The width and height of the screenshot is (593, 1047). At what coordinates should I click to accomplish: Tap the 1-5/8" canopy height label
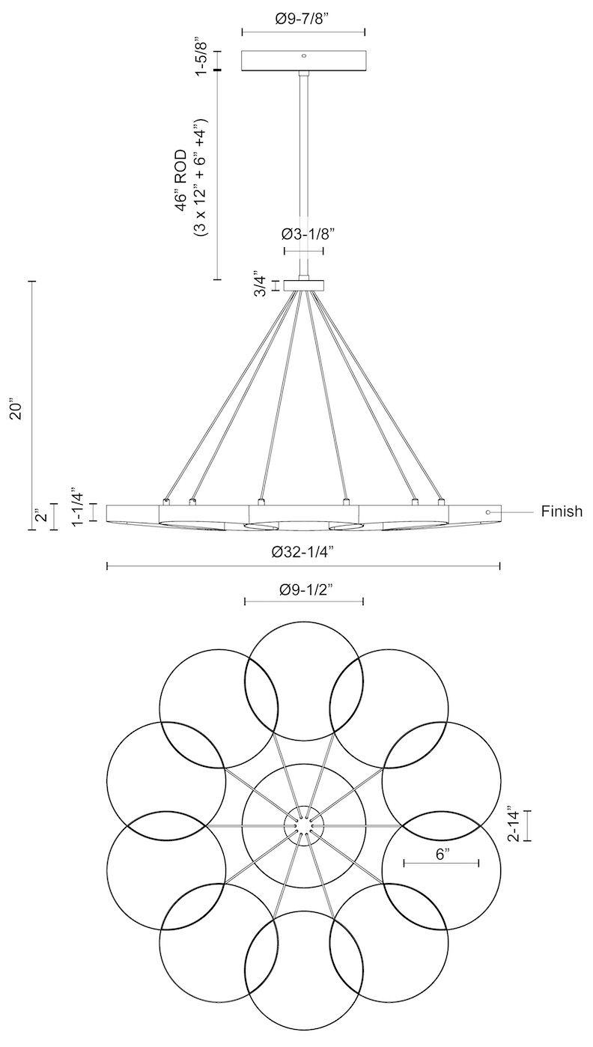pyautogui.click(x=201, y=55)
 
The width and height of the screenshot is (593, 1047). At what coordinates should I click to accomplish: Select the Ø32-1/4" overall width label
pyautogui.click(x=303, y=552)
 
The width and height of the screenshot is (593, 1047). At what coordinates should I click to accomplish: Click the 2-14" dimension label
pyautogui.click(x=514, y=825)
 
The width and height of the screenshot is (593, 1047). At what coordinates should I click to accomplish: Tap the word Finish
pyautogui.click(x=562, y=512)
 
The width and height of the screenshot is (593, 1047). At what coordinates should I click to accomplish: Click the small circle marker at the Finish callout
pyautogui.click(x=488, y=512)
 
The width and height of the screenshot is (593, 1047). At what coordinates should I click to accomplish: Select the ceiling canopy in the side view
pyautogui.click(x=303, y=61)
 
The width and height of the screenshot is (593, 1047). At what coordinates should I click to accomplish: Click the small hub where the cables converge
pyautogui.click(x=303, y=285)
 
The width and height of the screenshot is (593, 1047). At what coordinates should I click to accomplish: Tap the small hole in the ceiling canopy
pyautogui.click(x=303, y=55)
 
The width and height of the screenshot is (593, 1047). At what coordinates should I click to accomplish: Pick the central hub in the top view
pyautogui.click(x=303, y=825)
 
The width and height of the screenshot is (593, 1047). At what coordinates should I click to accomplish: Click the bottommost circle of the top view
pyautogui.click(x=304, y=970)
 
